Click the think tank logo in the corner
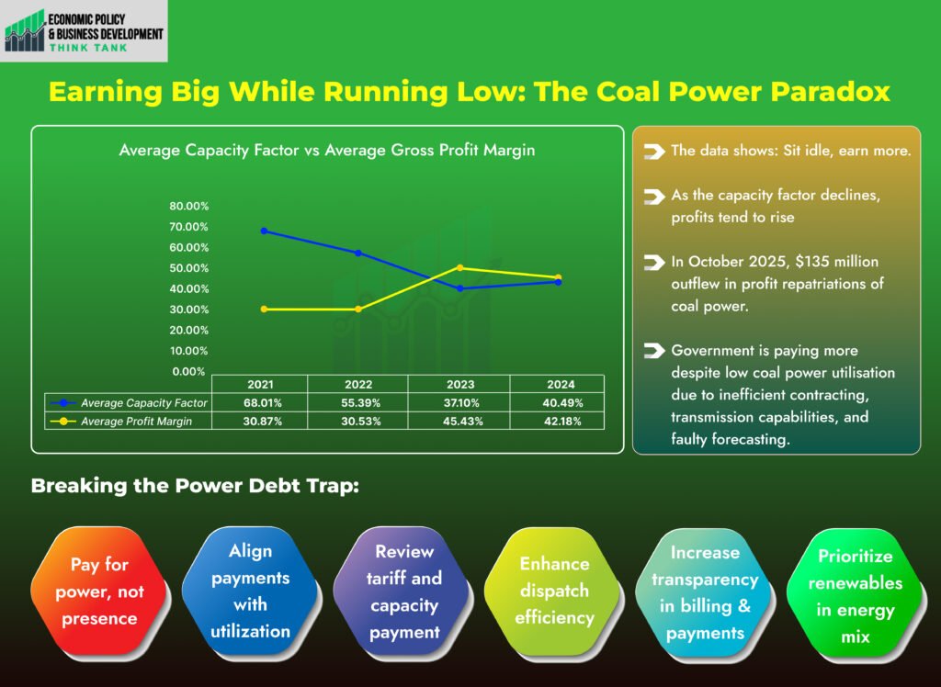coord(85,32)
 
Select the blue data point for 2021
coord(264,231)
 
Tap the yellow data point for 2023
coord(459,267)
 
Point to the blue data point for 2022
coord(358,253)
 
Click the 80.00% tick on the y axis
coord(188,206)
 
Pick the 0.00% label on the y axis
coord(188,371)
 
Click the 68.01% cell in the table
coord(260,402)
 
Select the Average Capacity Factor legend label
coord(143,402)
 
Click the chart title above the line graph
coord(326,150)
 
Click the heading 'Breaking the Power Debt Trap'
coord(194,486)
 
